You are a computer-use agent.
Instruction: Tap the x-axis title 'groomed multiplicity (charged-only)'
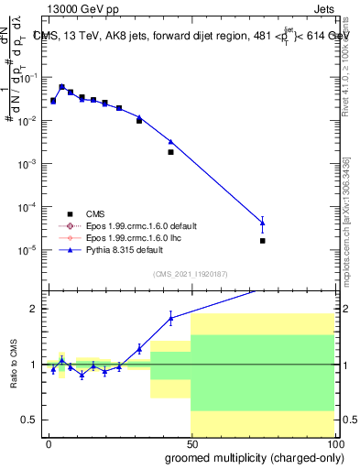250,456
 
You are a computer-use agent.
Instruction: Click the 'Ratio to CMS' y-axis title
12,365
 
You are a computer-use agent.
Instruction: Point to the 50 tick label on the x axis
191,442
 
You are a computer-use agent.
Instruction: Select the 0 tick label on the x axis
49,442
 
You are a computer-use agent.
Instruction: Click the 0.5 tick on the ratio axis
30,420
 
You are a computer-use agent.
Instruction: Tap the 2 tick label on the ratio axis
34,309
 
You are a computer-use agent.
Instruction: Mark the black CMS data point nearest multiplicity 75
263,241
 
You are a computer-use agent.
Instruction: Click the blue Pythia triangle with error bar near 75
263,222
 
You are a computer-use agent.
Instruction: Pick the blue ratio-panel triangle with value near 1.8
170,318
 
